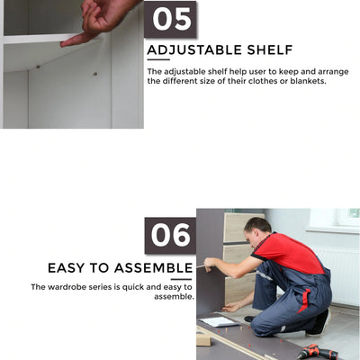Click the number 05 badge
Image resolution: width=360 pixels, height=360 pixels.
click(x=170, y=20)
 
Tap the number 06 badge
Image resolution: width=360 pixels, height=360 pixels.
click(x=170, y=235)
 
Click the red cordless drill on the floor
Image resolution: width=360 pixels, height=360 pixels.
click(x=317, y=352)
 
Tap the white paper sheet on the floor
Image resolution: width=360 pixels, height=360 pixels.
click(x=219, y=321)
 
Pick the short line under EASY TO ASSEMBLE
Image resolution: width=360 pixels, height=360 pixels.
click(x=182, y=279)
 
